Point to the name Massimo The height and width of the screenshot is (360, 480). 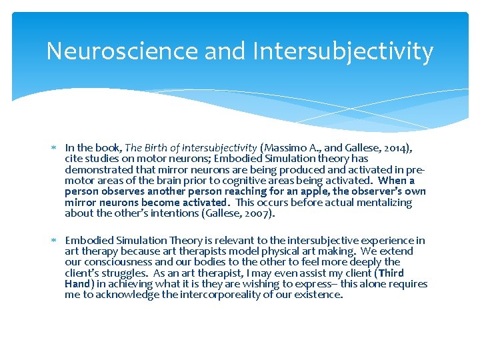point(285,147)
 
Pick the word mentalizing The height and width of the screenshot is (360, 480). point(385,203)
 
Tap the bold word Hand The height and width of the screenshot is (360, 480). point(77,284)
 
